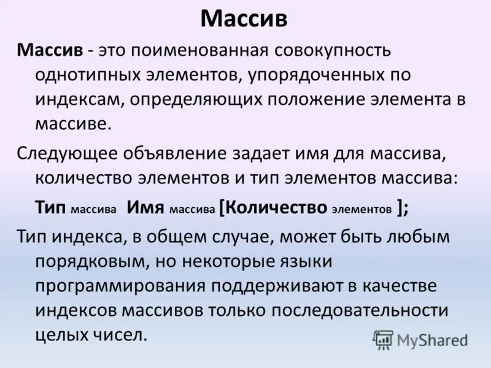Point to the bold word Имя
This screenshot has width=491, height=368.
click(145, 207)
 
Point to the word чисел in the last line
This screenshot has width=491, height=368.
click(120, 336)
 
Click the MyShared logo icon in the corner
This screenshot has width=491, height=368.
click(383, 339)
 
